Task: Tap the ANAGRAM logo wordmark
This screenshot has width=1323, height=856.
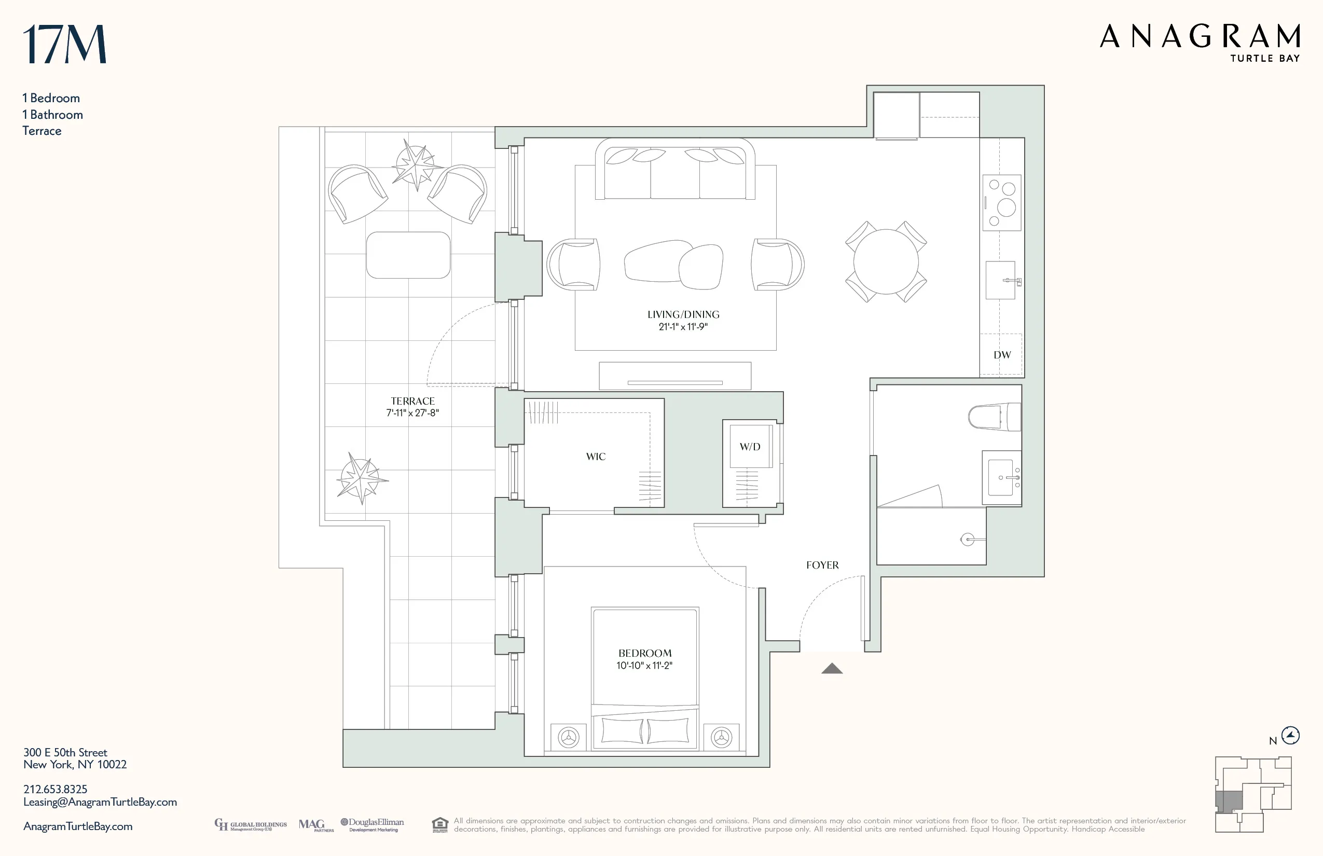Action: pyautogui.click(x=1200, y=37)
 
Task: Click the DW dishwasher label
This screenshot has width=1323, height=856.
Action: pyautogui.click(x=1002, y=355)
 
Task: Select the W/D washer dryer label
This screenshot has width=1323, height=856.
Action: pyautogui.click(x=749, y=447)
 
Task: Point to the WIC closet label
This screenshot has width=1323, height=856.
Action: pyautogui.click(x=596, y=457)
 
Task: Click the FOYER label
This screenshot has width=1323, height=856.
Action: pyautogui.click(x=822, y=565)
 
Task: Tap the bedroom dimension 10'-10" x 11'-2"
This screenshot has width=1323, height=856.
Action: pyautogui.click(x=644, y=665)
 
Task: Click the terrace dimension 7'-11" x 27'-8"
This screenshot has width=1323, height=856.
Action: pyautogui.click(x=412, y=413)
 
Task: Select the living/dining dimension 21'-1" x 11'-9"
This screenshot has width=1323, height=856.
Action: pyautogui.click(x=683, y=327)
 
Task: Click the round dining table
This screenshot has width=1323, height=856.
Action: pyautogui.click(x=886, y=262)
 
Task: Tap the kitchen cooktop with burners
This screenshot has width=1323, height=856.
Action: pyautogui.click(x=1002, y=202)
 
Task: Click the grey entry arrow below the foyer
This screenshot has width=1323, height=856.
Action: pyautogui.click(x=832, y=669)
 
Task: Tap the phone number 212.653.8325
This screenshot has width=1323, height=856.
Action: pyautogui.click(x=55, y=789)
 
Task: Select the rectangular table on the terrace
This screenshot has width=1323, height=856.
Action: pyautogui.click(x=408, y=255)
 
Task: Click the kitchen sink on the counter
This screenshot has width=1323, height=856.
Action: pyautogui.click(x=1000, y=280)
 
